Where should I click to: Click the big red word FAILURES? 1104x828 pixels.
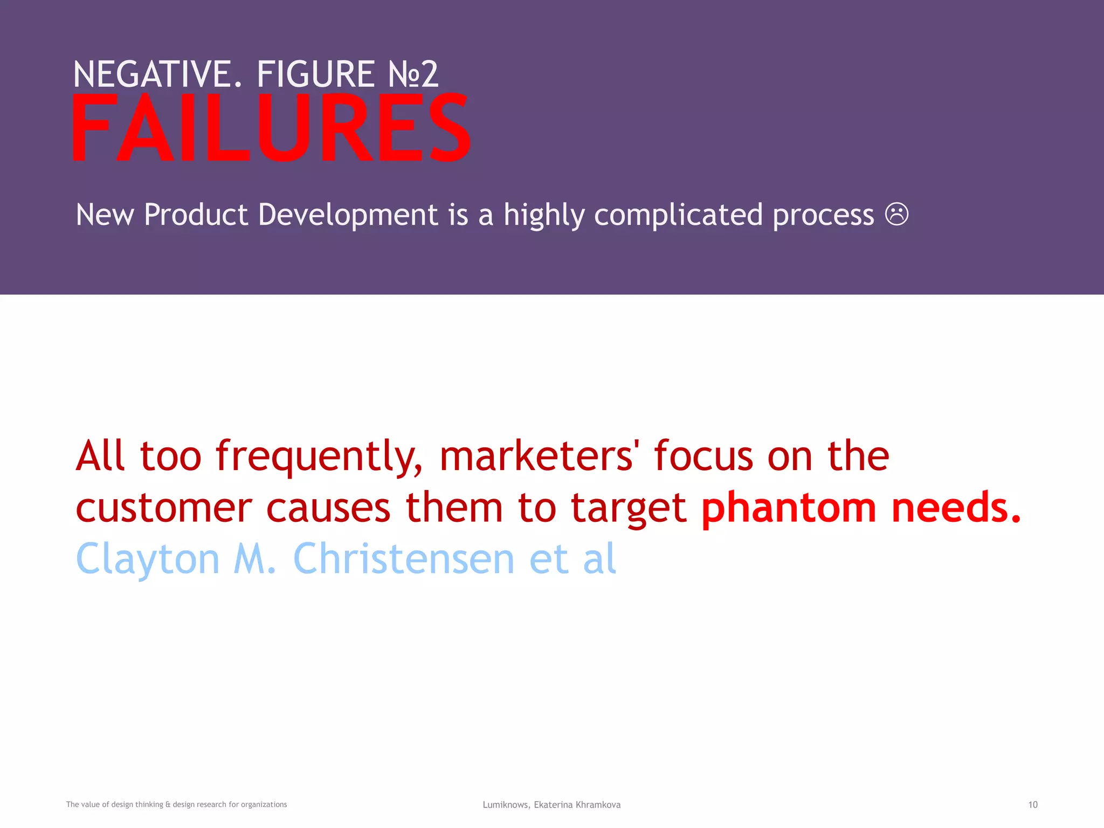[271, 128]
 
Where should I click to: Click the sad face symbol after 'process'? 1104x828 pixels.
[896, 214]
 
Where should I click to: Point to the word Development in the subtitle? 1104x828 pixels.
[348, 215]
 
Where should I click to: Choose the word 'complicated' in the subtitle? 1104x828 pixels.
[678, 215]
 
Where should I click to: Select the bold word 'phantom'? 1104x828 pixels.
[789, 508]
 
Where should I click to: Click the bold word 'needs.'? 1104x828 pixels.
[956, 508]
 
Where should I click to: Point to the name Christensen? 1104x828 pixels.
[404, 558]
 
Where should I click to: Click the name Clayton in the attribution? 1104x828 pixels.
[148, 560]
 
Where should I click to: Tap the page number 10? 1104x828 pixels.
[1032, 805]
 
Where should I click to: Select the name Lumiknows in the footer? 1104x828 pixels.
[506, 805]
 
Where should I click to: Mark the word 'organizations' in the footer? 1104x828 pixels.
[264, 805]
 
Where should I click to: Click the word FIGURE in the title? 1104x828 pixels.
[315, 74]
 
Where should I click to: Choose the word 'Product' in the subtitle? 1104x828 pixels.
[196, 215]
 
